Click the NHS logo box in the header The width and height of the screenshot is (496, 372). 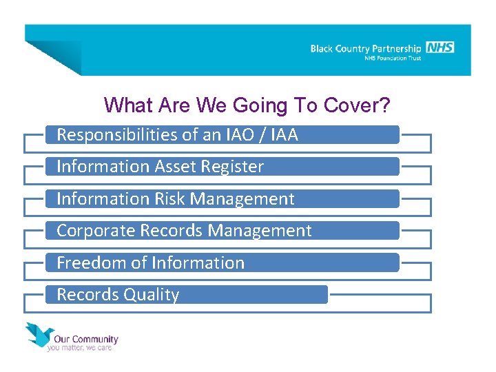(x=440, y=48)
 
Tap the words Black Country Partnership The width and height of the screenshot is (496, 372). (x=365, y=49)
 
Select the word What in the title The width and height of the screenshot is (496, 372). (x=123, y=105)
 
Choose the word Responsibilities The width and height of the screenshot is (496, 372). (x=116, y=135)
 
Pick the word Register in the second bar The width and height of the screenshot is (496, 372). (x=234, y=167)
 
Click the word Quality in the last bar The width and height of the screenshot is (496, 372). (x=152, y=295)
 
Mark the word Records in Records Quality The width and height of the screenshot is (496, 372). (x=87, y=295)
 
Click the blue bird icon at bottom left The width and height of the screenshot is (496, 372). (x=41, y=334)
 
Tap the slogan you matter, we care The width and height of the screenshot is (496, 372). (x=79, y=348)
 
